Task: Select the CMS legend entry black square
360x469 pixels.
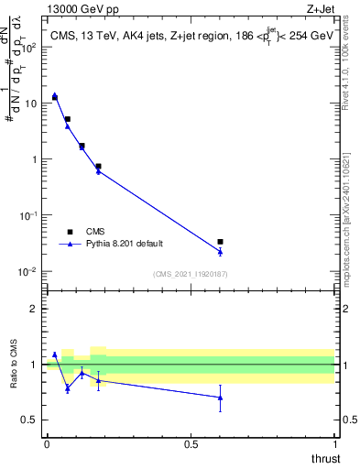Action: (70, 232)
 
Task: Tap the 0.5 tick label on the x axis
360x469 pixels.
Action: (191, 444)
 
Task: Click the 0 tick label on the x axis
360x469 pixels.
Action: (47, 444)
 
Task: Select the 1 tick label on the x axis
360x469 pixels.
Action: (334, 444)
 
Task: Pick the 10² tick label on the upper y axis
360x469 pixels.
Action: (29, 47)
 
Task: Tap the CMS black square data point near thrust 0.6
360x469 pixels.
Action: (220, 242)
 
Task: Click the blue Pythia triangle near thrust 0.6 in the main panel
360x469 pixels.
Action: (220, 251)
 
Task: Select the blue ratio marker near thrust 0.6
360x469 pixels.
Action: (220, 397)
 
